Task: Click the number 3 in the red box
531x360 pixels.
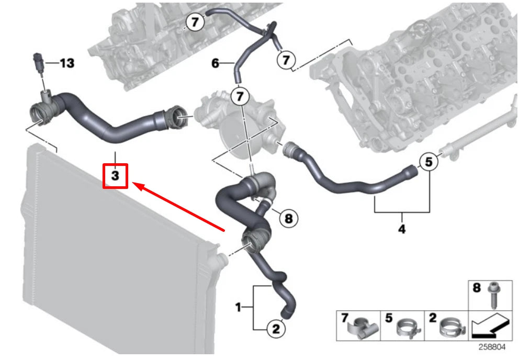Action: (x=116, y=176)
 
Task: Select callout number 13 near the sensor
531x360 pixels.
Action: (x=66, y=63)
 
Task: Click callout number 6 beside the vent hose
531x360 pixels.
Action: (x=215, y=64)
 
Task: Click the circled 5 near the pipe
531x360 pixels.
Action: (x=428, y=163)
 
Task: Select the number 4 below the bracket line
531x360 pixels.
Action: (x=402, y=229)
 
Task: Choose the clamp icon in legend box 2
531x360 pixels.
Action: (x=450, y=327)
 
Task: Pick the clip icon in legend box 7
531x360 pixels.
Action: (x=364, y=328)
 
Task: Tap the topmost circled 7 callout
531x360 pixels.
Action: (x=195, y=22)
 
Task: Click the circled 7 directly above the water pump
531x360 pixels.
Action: (x=240, y=96)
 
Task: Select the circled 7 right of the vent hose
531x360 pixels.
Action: (x=285, y=60)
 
